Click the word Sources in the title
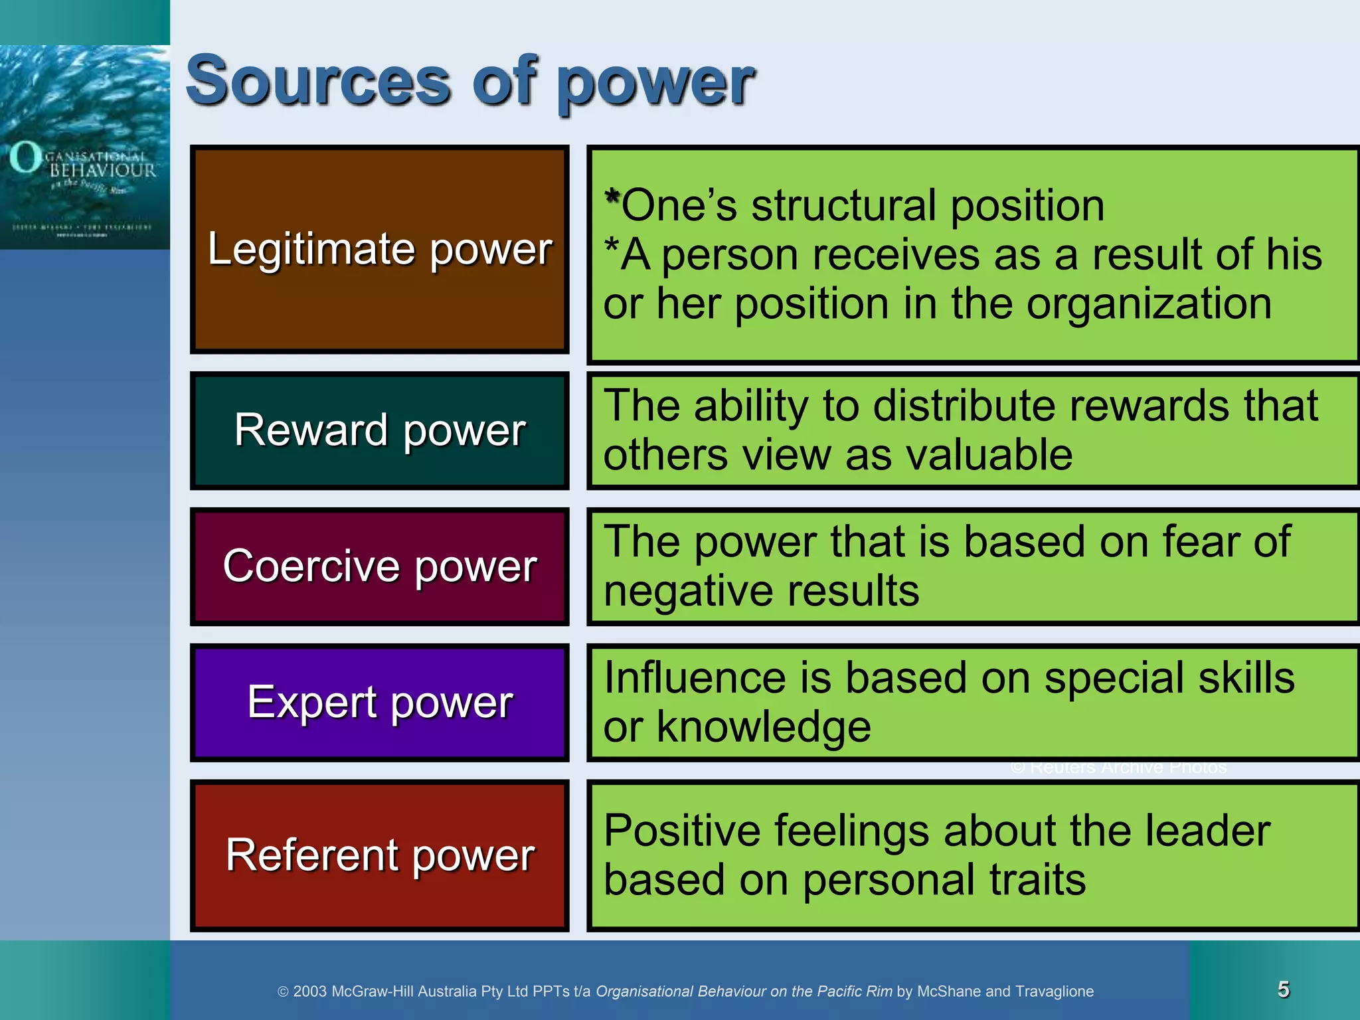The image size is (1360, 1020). click(319, 82)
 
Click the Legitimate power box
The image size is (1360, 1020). click(379, 250)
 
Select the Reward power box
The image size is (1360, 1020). click(379, 430)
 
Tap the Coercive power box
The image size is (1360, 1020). click(379, 566)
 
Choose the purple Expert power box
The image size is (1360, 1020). click(379, 702)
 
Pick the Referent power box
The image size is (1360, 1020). click(379, 855)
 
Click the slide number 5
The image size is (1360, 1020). click(1284, 989)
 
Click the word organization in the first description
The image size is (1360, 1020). click(1149, 304)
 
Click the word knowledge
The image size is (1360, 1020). click(764, 727)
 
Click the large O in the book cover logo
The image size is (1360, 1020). click(25, 157)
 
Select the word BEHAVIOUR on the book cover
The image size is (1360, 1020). click(103, 171)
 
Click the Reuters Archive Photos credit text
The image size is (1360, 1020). click(1118, 768)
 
